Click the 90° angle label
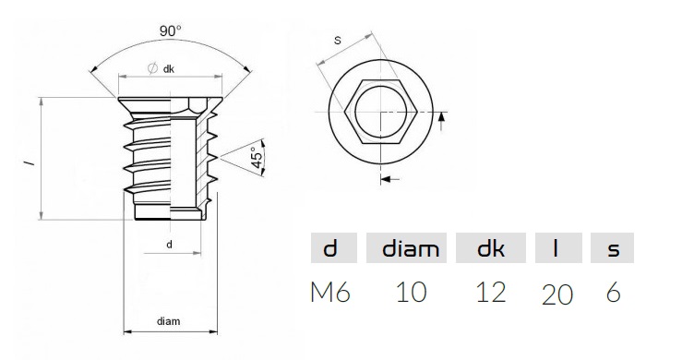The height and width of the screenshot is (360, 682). click(x=171, y=30)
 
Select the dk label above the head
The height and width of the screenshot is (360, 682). click(x=169, y=69)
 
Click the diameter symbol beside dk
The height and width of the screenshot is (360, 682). click(x=152, y=68)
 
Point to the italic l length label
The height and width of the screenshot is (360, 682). click(x=30, y=162)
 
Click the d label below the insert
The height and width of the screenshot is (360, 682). click(x=169, y=245)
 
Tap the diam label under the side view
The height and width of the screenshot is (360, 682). click(x=168, y=321)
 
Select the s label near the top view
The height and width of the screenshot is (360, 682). click(x=338, y=41)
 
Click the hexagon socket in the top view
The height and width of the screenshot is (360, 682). click(x=381, y=112)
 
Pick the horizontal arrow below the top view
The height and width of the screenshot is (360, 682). click(x=390, y=178)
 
